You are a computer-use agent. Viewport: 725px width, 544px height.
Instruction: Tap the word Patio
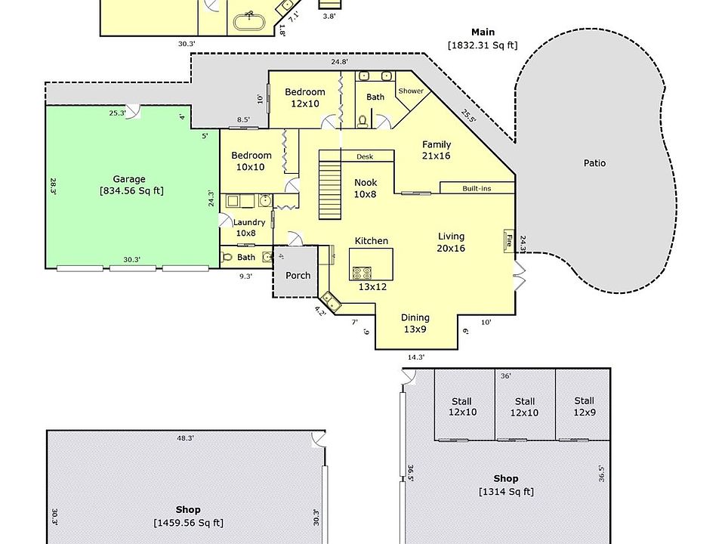click(595, 163)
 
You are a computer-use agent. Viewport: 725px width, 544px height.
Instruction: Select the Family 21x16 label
click(437, 150)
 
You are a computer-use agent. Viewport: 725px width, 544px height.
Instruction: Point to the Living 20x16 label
click(451, 243)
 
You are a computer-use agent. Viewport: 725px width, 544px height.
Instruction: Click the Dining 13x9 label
click(415, 323)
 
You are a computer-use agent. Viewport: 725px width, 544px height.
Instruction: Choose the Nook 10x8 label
click(366, 188)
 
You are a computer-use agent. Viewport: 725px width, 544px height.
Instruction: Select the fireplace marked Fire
click(509, 242)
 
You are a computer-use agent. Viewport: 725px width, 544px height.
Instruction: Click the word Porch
click(298, 275)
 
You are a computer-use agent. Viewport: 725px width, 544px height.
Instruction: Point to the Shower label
click(411, 91)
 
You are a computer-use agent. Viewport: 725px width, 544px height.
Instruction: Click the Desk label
click(365, 157)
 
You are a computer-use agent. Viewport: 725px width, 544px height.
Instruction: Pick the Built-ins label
click(477, 188)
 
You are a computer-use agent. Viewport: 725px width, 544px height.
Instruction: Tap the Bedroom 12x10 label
click(305, 97)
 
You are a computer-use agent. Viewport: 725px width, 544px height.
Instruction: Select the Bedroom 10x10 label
click(251, 161)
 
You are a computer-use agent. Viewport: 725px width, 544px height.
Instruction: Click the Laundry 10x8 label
click(248, 227)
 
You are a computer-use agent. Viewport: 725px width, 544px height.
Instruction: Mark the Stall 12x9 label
click(584, 406)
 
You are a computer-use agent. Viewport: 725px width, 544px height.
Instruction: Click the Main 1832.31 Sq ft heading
click(483, 39)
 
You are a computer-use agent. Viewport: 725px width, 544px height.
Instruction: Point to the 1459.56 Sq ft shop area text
click(188, 522)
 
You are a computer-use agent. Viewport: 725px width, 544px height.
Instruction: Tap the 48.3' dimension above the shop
click(185, 438)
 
